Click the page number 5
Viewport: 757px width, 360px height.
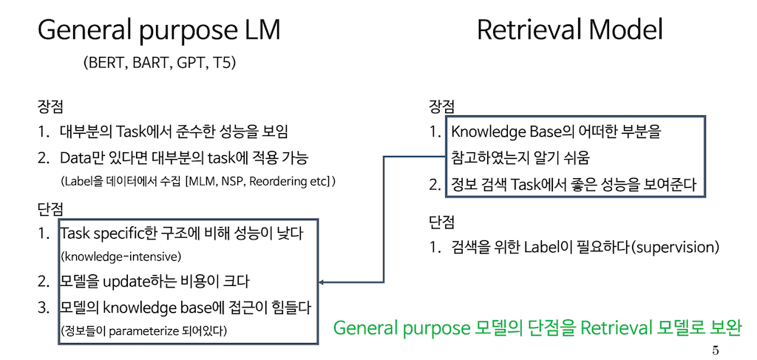point(715,350)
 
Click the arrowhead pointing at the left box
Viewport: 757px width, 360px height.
point(323,282)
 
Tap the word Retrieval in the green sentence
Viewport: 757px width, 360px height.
point(611,327)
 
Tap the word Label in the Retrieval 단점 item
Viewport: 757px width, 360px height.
point(544,246)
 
